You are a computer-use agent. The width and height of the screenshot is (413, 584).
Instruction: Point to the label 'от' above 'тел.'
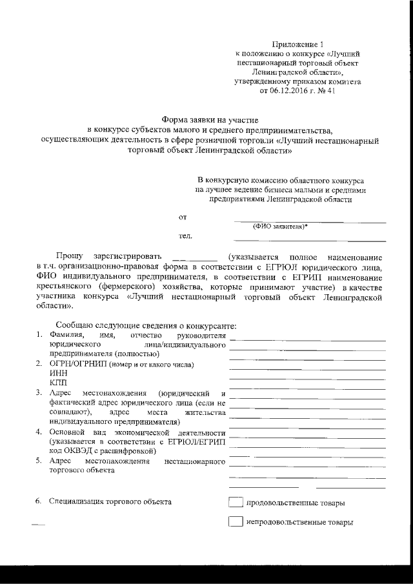183,217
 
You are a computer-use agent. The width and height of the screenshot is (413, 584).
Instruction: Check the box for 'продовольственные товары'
236,503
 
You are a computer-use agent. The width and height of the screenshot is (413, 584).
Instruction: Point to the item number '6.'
39,501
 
